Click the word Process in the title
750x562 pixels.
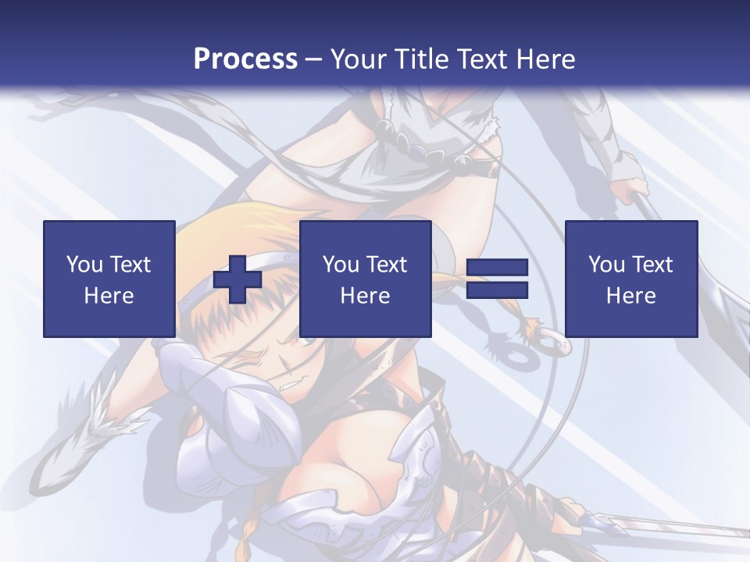[x=245, y=59]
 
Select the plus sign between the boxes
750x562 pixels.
[x=237, y=279]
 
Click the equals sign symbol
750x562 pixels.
[x=497, y=279]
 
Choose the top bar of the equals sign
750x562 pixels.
[x=497, y=267]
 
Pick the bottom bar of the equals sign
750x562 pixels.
[x=497, y=290]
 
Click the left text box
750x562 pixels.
[x=109, y=279]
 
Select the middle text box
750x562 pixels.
[x=365, y=279]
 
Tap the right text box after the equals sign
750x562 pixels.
[x=630, y=279]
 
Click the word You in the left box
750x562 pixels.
[x=84, y=265]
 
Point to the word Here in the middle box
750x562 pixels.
[x=365, y=296]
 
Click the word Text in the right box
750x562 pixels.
[x=652, y=265]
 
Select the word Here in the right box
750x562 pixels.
[x=630, y=296]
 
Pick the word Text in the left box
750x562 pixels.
[x=130, y=265]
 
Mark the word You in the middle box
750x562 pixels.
[x=341, y=265]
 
